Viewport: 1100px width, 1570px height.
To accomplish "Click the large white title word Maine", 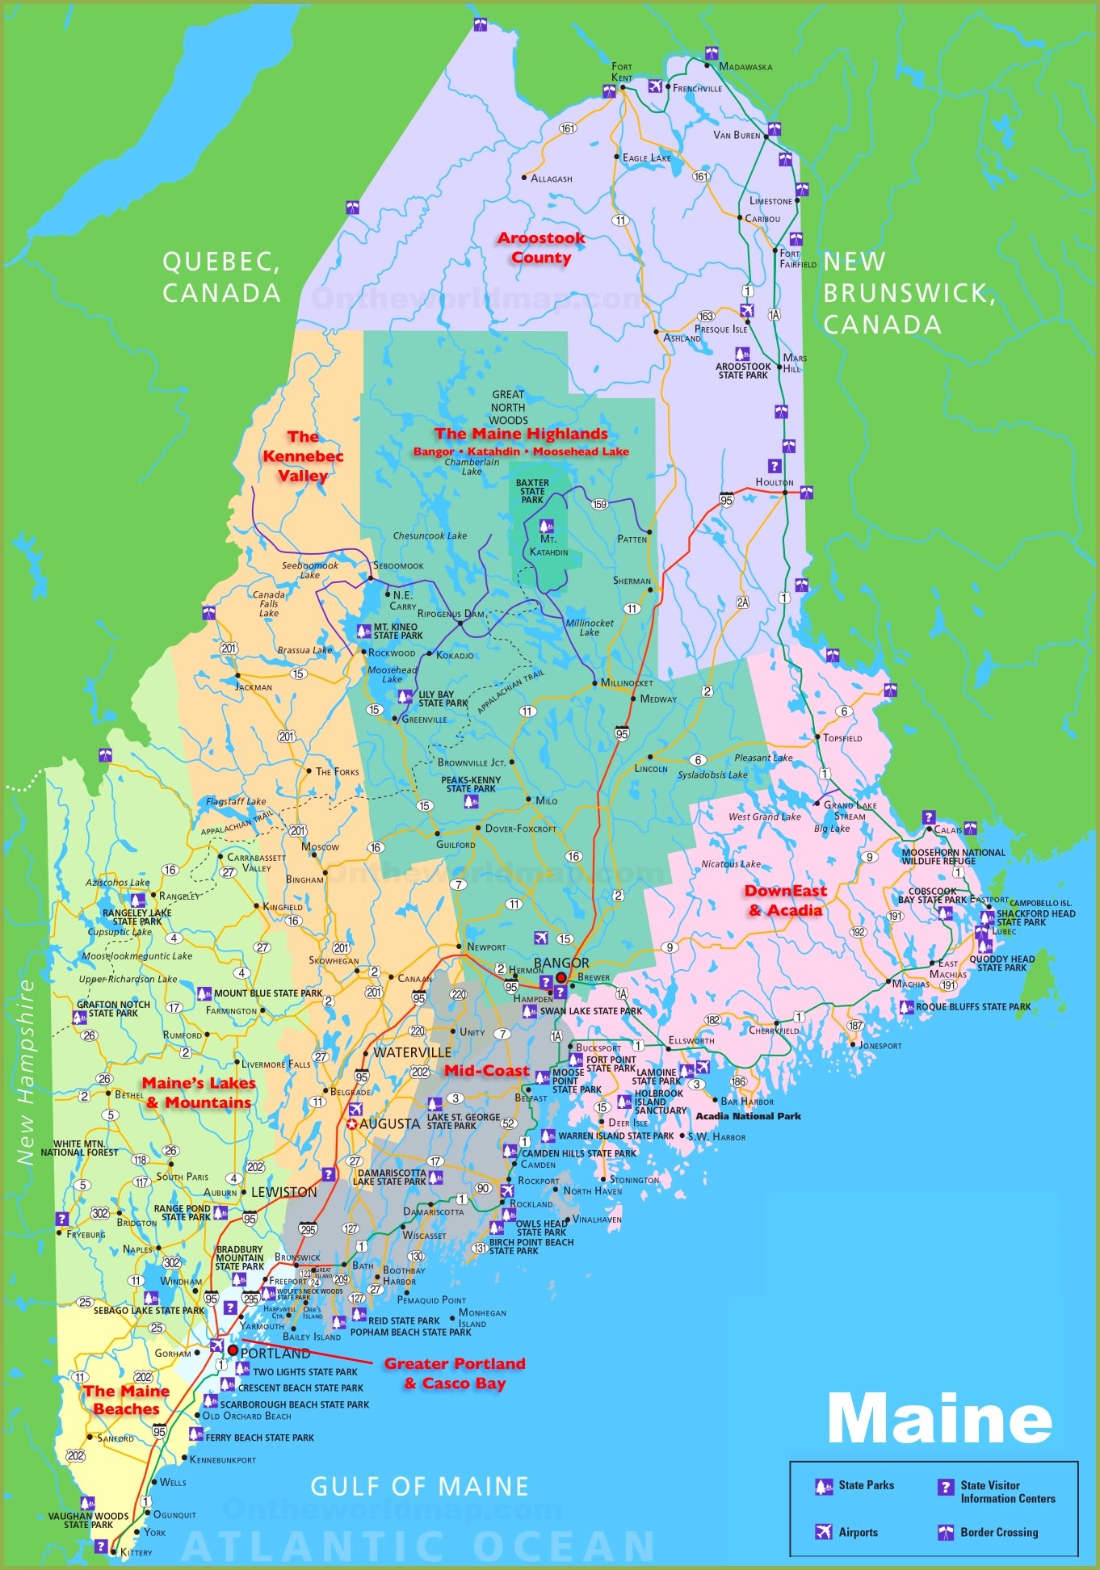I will [939, 1419].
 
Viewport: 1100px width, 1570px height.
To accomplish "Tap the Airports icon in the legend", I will [824, 1532].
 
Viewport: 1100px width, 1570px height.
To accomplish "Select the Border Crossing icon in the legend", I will [946, 1532].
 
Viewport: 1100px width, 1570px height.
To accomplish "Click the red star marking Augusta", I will [352, 1124].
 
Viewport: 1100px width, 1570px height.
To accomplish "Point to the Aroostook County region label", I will [541, 248].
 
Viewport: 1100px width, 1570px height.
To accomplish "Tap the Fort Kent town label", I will [622, 72].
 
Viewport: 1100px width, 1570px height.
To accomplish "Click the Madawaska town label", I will [745, 67].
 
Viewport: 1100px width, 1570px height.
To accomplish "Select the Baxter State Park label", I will [532, 491].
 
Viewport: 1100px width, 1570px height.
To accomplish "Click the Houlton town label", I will [775, 482].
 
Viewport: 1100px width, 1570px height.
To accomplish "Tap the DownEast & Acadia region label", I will [785, 900].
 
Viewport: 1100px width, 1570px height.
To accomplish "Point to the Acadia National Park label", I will [748, 1116].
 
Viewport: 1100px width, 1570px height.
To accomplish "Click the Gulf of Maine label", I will [420, 1486].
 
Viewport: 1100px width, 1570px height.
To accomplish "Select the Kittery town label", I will [136, 1552].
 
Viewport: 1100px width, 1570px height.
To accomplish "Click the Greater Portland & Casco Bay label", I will [455, 1373].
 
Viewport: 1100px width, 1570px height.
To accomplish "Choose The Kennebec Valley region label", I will [303, 456].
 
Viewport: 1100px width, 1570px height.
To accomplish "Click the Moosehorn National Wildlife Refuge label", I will [953, 856].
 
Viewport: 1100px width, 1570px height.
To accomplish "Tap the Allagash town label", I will [552, 178].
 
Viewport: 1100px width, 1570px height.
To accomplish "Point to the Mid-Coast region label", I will [487, 1070].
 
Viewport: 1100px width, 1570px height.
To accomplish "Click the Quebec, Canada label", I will [221, 277].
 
